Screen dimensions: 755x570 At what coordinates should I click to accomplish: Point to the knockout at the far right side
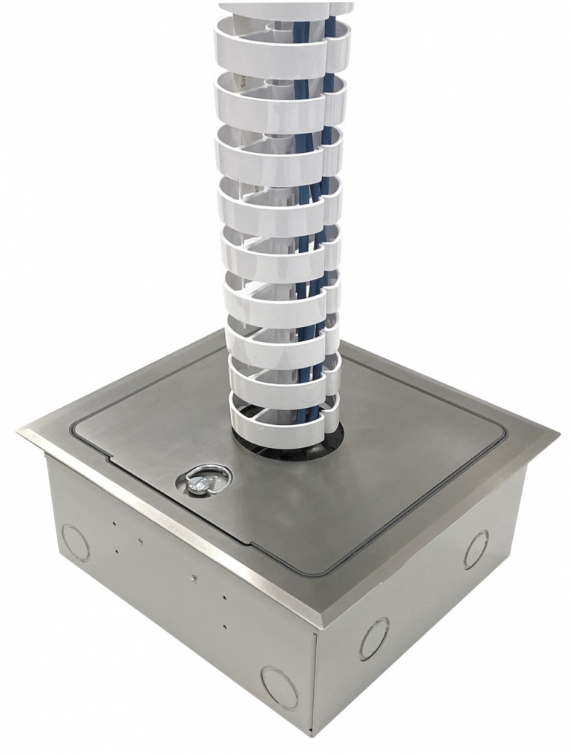click(476, 550)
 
